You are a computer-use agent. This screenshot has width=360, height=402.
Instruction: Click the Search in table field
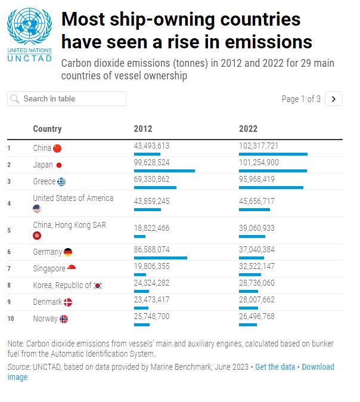pos(67,98)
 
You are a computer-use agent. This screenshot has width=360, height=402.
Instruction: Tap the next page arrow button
pos(334,99)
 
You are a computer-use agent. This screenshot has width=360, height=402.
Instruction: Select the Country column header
pos(47,129)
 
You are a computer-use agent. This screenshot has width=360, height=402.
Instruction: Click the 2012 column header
pos(143,129)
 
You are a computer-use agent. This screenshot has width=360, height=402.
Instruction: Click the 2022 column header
pos(248,129)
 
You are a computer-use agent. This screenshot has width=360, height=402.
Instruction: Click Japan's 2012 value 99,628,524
pos(153,162)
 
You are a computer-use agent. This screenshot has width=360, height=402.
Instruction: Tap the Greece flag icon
pos(61,182)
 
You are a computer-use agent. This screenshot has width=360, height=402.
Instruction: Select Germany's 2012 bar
pos(160,258)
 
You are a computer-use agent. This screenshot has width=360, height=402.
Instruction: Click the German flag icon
pos(68,252)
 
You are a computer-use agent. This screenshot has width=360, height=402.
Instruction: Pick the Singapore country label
pos(49,269)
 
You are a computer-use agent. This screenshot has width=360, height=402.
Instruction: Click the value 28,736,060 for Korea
pos(257,283)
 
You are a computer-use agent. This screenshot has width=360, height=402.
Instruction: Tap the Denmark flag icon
pos(68,302)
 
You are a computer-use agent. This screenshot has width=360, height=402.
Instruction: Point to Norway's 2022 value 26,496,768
pos(257,316)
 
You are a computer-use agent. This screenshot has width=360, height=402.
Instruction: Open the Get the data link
pos(275,367)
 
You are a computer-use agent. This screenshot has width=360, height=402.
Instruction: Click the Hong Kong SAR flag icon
pos(37,236)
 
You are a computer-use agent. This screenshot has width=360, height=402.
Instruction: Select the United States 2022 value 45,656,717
pos(257,201)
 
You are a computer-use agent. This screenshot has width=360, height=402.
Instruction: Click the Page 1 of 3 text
pos(301,99)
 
